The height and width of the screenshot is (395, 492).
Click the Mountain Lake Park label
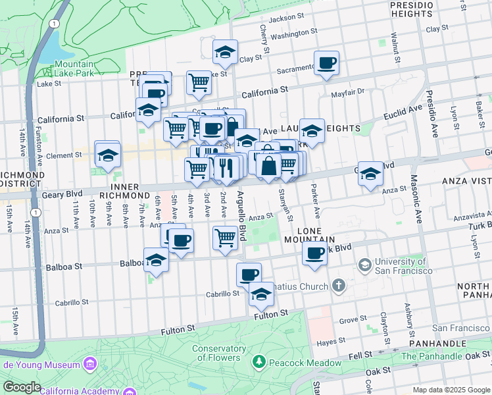[x=74, y=70]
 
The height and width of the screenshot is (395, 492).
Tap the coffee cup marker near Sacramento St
[x=327, y=64]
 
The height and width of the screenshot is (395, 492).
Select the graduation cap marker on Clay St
[x=225, y=52]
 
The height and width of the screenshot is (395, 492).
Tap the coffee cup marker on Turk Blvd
[x=316, y=253]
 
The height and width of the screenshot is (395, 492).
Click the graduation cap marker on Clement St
[x=107, y=155]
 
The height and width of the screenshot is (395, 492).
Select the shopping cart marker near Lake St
[x=199, y=83]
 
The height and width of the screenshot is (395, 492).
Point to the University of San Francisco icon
[x=364, y=265]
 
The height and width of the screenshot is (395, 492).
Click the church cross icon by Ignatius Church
[x=338, y=286]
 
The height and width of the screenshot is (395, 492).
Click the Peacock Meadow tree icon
[x=259, y=361]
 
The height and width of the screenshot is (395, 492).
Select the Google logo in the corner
[x=22, y=387]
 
